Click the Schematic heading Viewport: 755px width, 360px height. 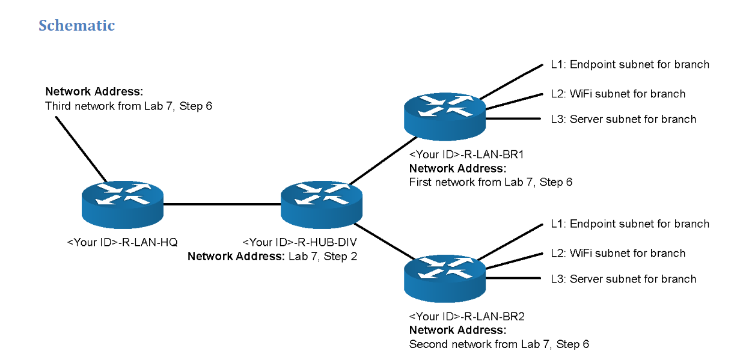(76, 26)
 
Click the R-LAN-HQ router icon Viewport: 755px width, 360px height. (123, 203)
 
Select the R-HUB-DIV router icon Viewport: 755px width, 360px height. (322, 203)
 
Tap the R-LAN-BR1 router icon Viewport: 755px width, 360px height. (445, 115)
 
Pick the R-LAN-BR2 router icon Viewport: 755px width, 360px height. (445, 277)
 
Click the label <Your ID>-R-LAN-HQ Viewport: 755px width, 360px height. (123, 242)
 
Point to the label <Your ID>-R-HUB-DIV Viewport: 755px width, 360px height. (299, 242)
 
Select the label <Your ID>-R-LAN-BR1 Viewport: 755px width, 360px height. (466, 154)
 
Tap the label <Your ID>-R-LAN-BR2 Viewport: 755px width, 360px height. (466, 317)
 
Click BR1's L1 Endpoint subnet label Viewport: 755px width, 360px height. (629, 64)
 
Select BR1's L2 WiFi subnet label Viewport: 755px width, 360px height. (617, 94)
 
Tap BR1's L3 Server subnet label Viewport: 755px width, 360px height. (623, 119)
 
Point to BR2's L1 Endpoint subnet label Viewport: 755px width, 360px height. (629, 224)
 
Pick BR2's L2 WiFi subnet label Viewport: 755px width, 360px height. (617, 253)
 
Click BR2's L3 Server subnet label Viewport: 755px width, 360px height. (623, 279)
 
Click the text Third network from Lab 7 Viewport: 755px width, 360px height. (129, 106)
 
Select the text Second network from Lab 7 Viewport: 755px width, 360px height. (499, 344)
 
